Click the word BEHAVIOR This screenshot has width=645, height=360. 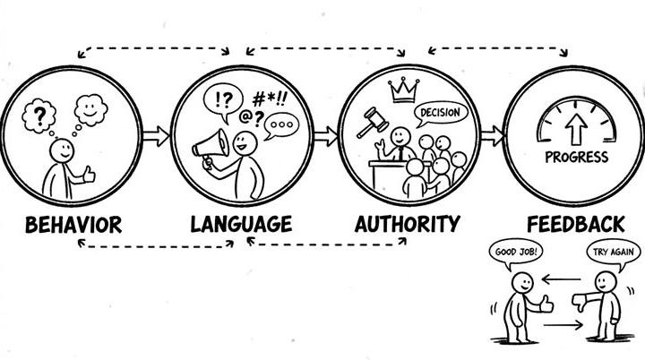point(73,223)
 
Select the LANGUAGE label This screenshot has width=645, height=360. point(241,223)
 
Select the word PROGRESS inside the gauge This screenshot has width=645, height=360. point(576,158)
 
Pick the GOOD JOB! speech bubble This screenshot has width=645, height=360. point(517,253)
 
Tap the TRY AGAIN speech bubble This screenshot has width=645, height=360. point(613,253)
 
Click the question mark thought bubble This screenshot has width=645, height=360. point(40,116)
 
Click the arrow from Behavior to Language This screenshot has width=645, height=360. point(155,136)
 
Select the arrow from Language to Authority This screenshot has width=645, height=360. point(325,136)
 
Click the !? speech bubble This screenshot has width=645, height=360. point(223,97)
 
